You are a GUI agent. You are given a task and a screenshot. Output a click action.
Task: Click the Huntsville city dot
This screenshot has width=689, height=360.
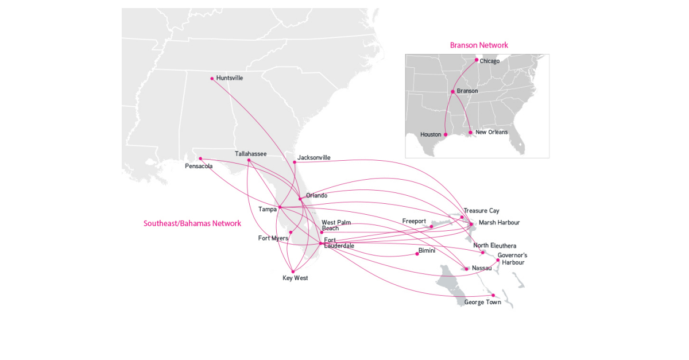212,79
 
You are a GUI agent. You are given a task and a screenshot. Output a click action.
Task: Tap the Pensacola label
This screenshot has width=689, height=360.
199,167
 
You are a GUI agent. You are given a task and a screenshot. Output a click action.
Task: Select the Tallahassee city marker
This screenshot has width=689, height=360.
249,160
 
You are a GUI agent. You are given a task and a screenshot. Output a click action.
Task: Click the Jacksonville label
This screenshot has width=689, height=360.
313,157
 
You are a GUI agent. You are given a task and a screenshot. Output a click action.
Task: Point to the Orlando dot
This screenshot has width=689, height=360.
300,199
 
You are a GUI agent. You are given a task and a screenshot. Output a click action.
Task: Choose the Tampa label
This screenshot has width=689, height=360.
268,209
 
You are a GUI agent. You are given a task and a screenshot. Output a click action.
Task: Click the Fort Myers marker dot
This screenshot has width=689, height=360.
291,233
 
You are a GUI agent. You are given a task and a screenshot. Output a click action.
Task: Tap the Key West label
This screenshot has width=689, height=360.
295,278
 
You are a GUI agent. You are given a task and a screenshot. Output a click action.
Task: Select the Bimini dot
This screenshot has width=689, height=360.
417,254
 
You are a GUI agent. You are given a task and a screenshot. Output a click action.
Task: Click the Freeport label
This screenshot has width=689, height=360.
414,221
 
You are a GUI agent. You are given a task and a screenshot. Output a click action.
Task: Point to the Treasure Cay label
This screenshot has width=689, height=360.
481,211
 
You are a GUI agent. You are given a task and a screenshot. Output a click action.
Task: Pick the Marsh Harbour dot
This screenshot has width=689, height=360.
471,224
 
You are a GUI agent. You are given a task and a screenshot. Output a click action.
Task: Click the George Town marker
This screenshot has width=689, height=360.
493,296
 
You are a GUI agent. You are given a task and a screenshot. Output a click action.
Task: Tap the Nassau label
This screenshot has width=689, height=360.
481,268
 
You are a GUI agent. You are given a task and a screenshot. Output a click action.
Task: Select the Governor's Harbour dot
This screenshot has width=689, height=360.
498,260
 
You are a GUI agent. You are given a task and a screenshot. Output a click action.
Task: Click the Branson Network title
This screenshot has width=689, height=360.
479,45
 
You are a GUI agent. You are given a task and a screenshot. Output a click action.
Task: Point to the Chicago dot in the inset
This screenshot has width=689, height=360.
477,60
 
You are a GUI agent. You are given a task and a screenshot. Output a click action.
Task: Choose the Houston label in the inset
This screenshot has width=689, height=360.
431,135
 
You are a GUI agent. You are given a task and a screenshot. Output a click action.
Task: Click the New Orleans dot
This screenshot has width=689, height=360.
470,133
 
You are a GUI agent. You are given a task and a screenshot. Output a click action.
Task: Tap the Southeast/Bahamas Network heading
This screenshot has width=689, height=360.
192,223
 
